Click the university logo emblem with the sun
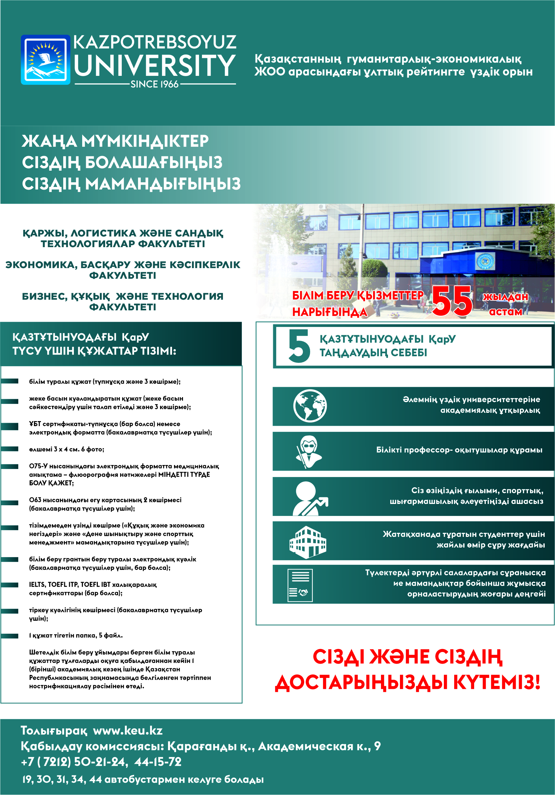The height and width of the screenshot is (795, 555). [46, 60]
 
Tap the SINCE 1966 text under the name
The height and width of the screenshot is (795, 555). [154, 84]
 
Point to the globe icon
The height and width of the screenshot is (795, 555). [310, 406]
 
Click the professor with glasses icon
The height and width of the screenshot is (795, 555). [308, 451]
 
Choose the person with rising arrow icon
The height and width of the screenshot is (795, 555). [309, 499]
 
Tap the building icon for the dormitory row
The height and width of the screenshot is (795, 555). [308, 542]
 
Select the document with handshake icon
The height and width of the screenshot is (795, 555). [300, 585]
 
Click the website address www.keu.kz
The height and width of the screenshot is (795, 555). [128, 730]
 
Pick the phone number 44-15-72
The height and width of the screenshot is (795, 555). [158, 762]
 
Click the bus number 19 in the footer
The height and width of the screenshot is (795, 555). [27, 779]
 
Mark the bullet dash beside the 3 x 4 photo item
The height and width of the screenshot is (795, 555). [10, 449]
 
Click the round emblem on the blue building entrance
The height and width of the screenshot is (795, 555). [485, 261]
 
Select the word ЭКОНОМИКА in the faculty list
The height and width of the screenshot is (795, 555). [41, 265]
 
